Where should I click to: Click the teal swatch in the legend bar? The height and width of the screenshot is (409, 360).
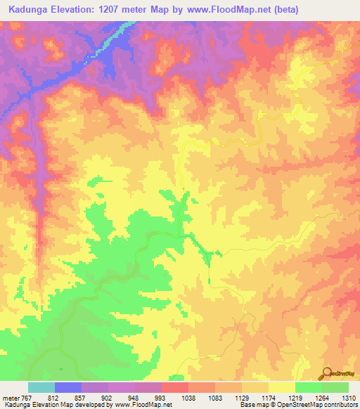[x=41, y=387]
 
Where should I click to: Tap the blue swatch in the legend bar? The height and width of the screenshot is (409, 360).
[x=68, y=387]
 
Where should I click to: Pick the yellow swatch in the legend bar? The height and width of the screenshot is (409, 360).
[x=281, y=387]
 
